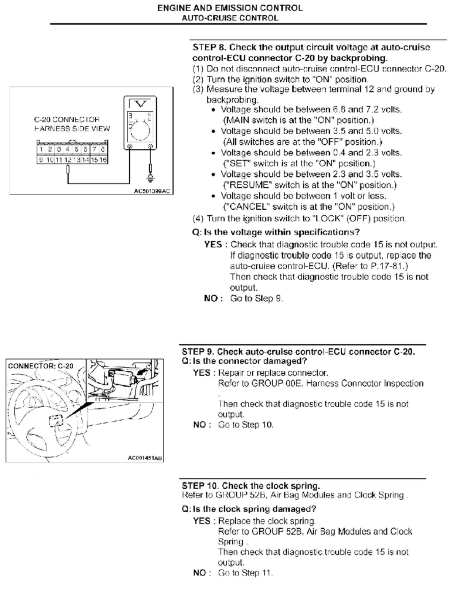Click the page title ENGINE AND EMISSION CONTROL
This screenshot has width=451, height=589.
pyautogui.click(x=230, y=8)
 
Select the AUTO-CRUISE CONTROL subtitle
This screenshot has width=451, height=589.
pyautogui.click(x=230, y=18)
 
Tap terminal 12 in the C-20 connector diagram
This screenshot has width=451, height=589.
pyautogui.click(x=68, y=160)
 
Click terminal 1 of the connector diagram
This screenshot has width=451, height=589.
pyautogui.click(x=41, y=150)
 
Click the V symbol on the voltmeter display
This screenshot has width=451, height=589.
pyautogui.click(x=140, y=104)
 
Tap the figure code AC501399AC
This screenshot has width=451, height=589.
pyautogui.click(x=152, y=191)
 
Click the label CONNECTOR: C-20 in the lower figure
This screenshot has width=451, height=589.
pyautogui.click(x=40, y=366)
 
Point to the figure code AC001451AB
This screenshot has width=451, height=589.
pyautogui.click(x=145, y=458)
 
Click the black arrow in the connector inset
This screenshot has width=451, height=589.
pyautogui.click(x=142, y=372)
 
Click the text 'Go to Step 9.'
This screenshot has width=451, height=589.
pyautogui.click(x=256, y=299)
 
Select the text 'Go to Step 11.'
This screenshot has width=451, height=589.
pyautogui.click(x=245, y=573)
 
